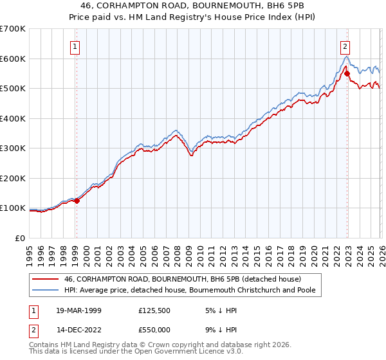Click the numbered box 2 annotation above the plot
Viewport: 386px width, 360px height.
[345, 46]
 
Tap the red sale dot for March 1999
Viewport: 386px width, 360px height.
[77, 201]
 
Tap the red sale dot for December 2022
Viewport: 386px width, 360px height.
[347, 74]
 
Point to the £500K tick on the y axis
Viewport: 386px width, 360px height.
[13, 89]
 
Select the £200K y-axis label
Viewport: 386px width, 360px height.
[13, 178]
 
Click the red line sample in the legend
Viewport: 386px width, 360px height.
[46, 279]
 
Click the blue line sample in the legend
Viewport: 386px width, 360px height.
[46, 291]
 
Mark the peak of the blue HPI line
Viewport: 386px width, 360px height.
[345, 57]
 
